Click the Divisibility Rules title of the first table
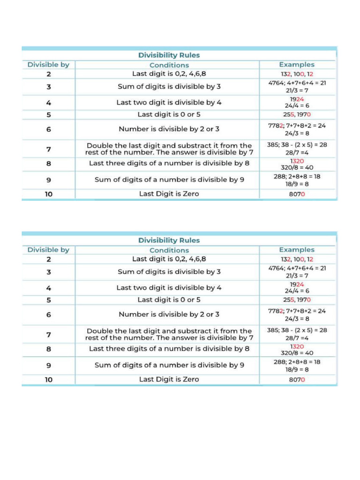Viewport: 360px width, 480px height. click(x=169, y=55)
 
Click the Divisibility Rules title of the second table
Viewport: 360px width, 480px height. click(x=169, y=240)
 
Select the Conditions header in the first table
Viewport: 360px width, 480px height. click(x=169, y=65)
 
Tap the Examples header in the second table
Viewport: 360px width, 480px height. click(x=297, y=249)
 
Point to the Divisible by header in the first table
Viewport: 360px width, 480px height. click(x=48, y=65)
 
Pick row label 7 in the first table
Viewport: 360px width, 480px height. click(x=48, y=149)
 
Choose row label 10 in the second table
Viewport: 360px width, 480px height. click(x=48, y=379)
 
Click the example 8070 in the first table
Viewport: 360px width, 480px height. click(x=297, y=194)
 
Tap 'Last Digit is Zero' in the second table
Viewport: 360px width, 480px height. click(x=169, y=379)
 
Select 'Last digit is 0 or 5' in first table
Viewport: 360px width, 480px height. click(x=169, y=114)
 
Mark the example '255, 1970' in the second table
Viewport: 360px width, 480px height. click(x=297, y=300)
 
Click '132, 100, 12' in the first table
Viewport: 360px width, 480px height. click(x=297, y=75)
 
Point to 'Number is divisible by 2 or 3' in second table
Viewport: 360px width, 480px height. click(x=169, y=314)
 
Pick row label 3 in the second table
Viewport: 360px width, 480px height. click(x=48, y=272)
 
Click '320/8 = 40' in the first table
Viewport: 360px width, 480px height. click(x=297, y=167)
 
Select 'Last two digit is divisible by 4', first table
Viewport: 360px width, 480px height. click(x=169, y=102)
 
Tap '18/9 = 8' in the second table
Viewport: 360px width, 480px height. click(x=297, y=369)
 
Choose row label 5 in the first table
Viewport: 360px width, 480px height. click(x=48, y=114)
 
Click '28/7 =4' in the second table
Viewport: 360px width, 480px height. click(x=297, y=338)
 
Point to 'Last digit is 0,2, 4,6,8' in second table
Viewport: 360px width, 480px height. click(x=169, y=258)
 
